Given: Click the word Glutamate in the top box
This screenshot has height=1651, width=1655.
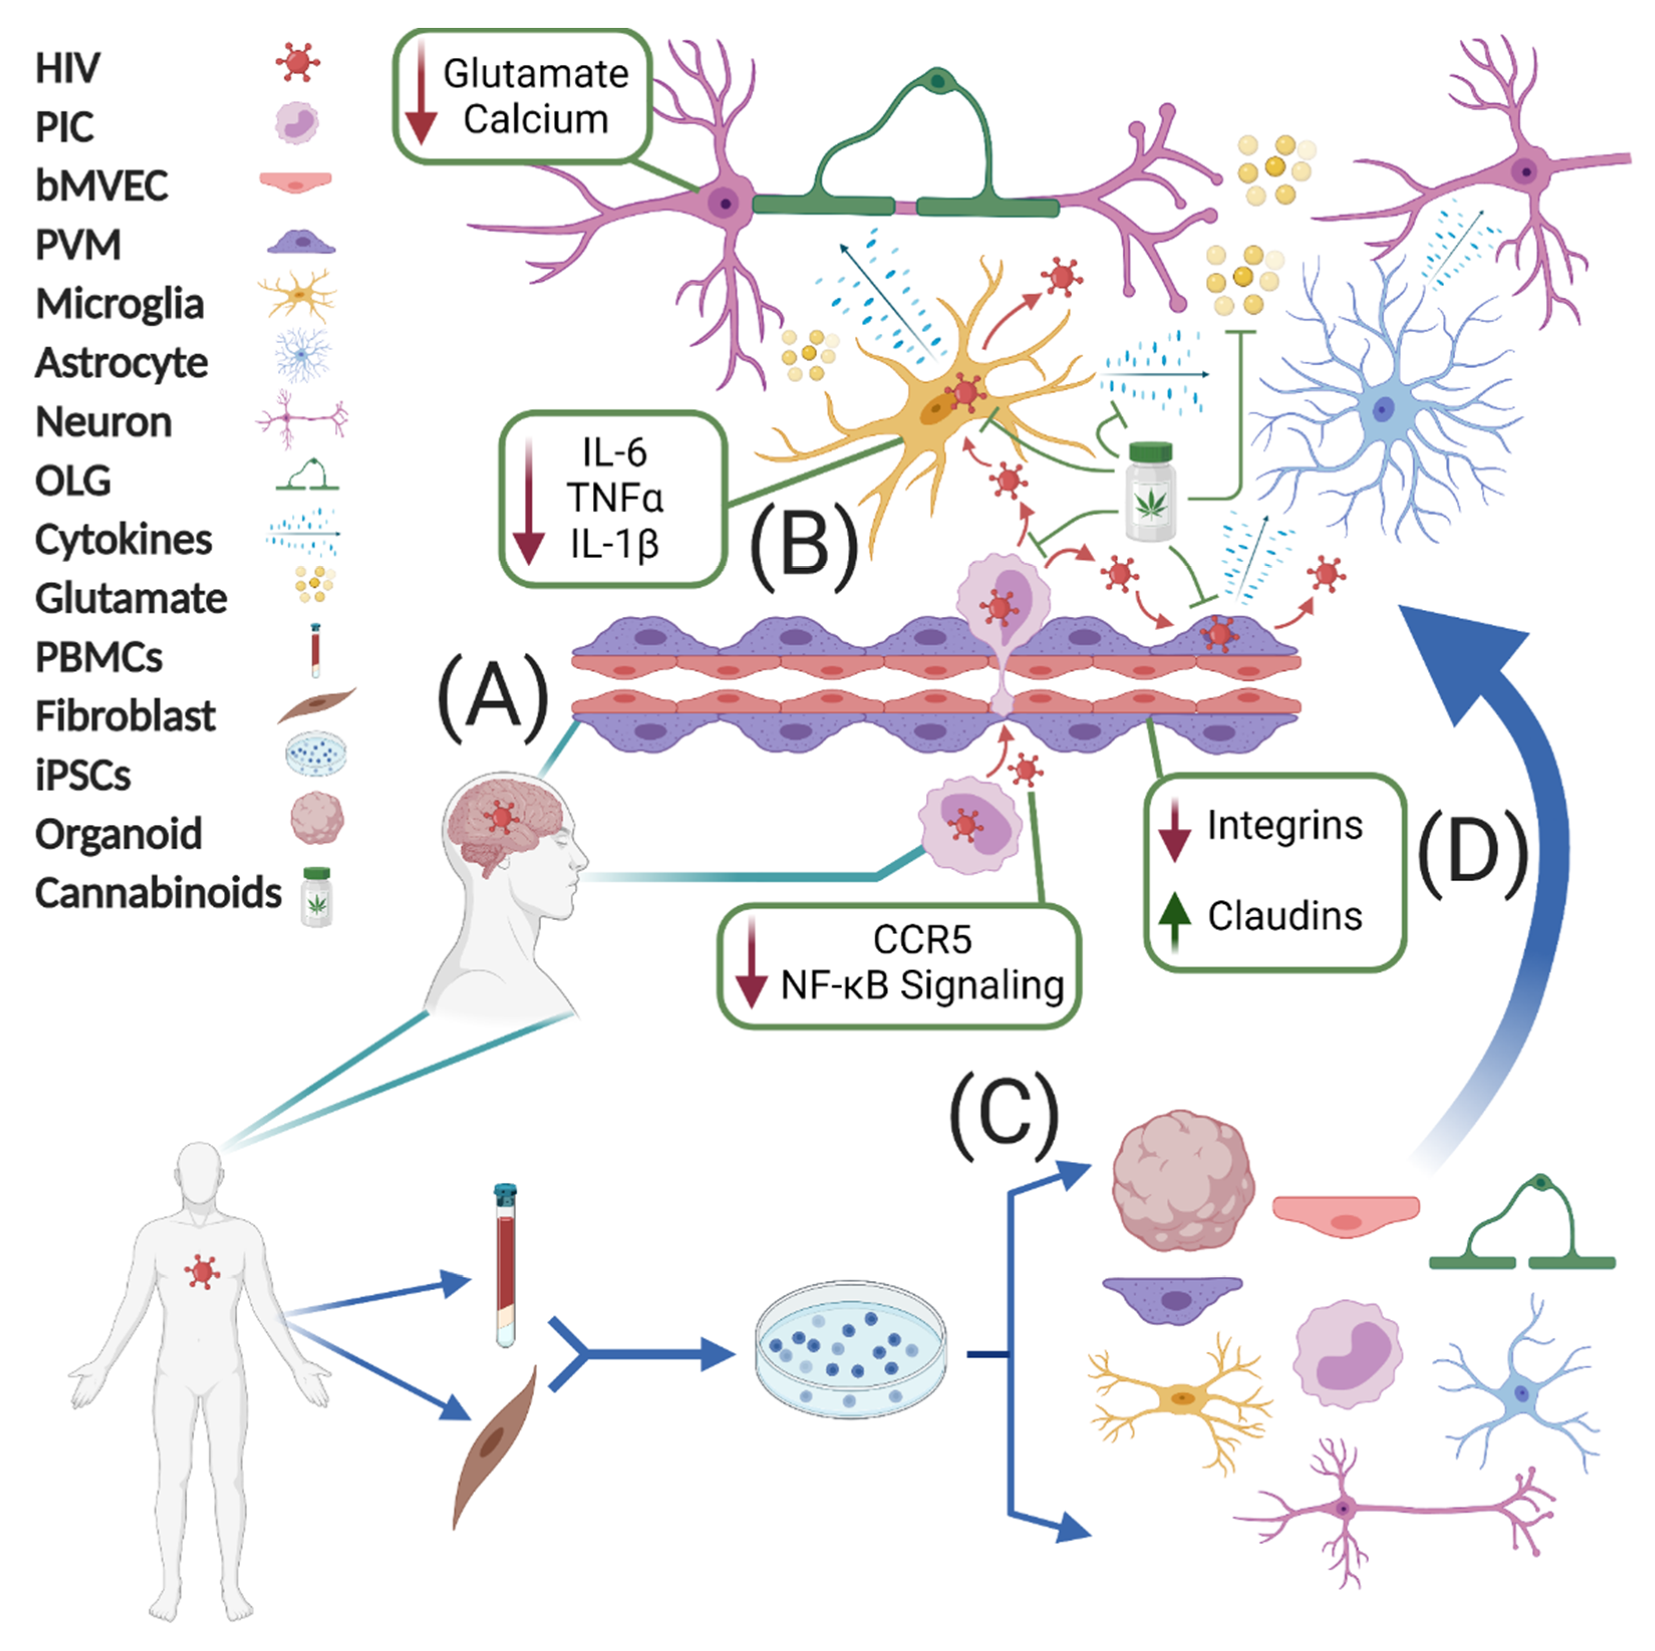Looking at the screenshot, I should (535, 75).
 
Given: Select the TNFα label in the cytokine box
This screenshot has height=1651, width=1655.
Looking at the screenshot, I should (614, 498).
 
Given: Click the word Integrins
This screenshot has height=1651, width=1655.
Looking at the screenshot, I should (1284, 826).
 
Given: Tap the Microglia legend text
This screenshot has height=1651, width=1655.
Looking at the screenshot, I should (120, 304).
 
